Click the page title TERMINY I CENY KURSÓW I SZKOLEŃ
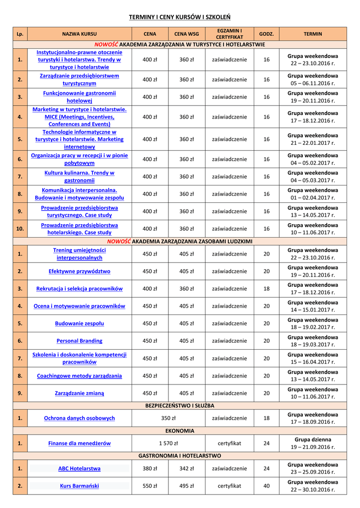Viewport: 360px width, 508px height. [179, 17]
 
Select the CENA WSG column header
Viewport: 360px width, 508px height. [186, 34]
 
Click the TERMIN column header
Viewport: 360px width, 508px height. [312, 34]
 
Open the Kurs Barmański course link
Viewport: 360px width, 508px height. [79, 486]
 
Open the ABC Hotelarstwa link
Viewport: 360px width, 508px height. [79, 468]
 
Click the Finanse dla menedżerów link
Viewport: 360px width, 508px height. [79, 443]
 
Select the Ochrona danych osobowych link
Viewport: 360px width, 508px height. [79, 418]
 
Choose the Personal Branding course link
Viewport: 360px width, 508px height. [79, 341]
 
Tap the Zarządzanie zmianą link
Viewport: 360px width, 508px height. [79, 393]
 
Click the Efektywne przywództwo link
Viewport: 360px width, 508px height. [79, 271]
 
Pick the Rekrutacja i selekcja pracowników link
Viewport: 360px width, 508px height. [79, 289]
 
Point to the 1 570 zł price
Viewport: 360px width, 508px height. [168, 443]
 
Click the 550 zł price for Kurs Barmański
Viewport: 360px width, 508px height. [150, 486]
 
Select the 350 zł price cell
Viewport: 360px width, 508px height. [168, 418]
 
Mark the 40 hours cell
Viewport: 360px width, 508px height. [267, 486]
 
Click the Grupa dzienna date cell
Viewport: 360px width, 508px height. [312, 443]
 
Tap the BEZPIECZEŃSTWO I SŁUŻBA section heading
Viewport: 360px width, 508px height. [179, 405]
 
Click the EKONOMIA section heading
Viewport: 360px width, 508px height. [179, 431]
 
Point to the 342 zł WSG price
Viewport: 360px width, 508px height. [186, 468]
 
